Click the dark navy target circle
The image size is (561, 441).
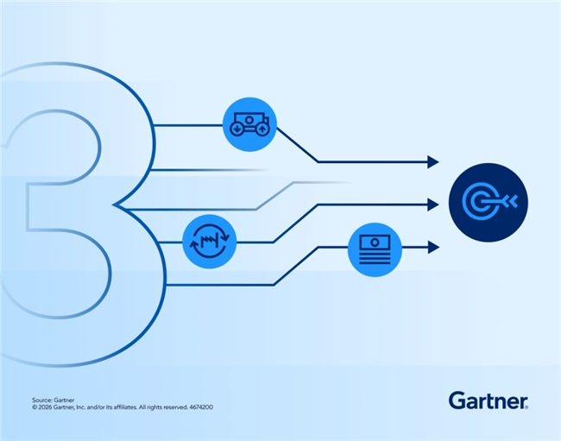tap(489, 203)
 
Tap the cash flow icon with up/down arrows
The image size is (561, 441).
tap(249, 124)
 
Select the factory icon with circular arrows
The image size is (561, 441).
tap(210, 242)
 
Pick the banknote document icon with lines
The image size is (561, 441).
tap(375, 249)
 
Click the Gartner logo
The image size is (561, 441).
tap(488, 400)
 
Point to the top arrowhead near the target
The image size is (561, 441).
tap(433, 162)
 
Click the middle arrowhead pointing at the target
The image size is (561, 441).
tap(433, 205)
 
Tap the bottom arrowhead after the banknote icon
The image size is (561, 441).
tap(433, 247)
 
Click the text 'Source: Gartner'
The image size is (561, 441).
tap(53, 400)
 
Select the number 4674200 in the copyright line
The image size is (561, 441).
tap(201, 407)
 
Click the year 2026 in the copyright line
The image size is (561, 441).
tap(45, 407)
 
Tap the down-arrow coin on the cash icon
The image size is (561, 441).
tap(236, 129)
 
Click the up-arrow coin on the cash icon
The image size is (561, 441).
tap(262, 129)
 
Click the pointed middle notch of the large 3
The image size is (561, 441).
tap(113, 205)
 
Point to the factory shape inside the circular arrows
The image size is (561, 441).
tap(210, 241)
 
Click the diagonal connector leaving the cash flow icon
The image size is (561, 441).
tap(297, 144)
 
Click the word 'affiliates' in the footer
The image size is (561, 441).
tap(125, 407)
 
